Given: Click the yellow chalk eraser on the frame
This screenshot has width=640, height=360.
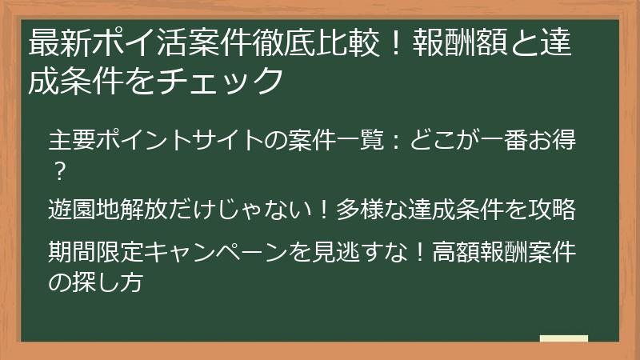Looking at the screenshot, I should (563, 338).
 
